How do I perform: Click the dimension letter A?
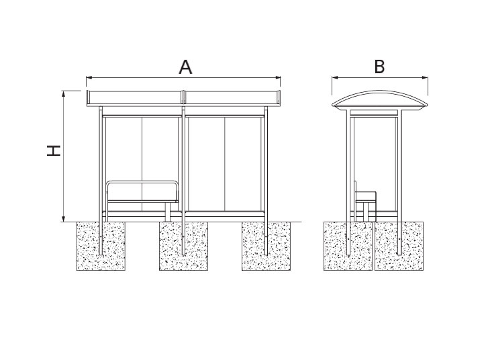pos(186,66)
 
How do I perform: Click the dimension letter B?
pos(379,66)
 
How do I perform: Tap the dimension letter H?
pos(53,150)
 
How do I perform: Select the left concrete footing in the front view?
pos(101,246)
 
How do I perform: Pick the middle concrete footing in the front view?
pos(183,246)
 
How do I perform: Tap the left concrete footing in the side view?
pos(348,246)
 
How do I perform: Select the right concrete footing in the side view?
pos(399,246)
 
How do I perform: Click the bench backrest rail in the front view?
pos(142,182)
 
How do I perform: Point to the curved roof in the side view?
pos(380,95)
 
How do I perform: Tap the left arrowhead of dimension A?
pos(89,78)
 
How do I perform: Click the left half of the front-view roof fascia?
pos(135,98)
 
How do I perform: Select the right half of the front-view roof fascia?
pos(232,98)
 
